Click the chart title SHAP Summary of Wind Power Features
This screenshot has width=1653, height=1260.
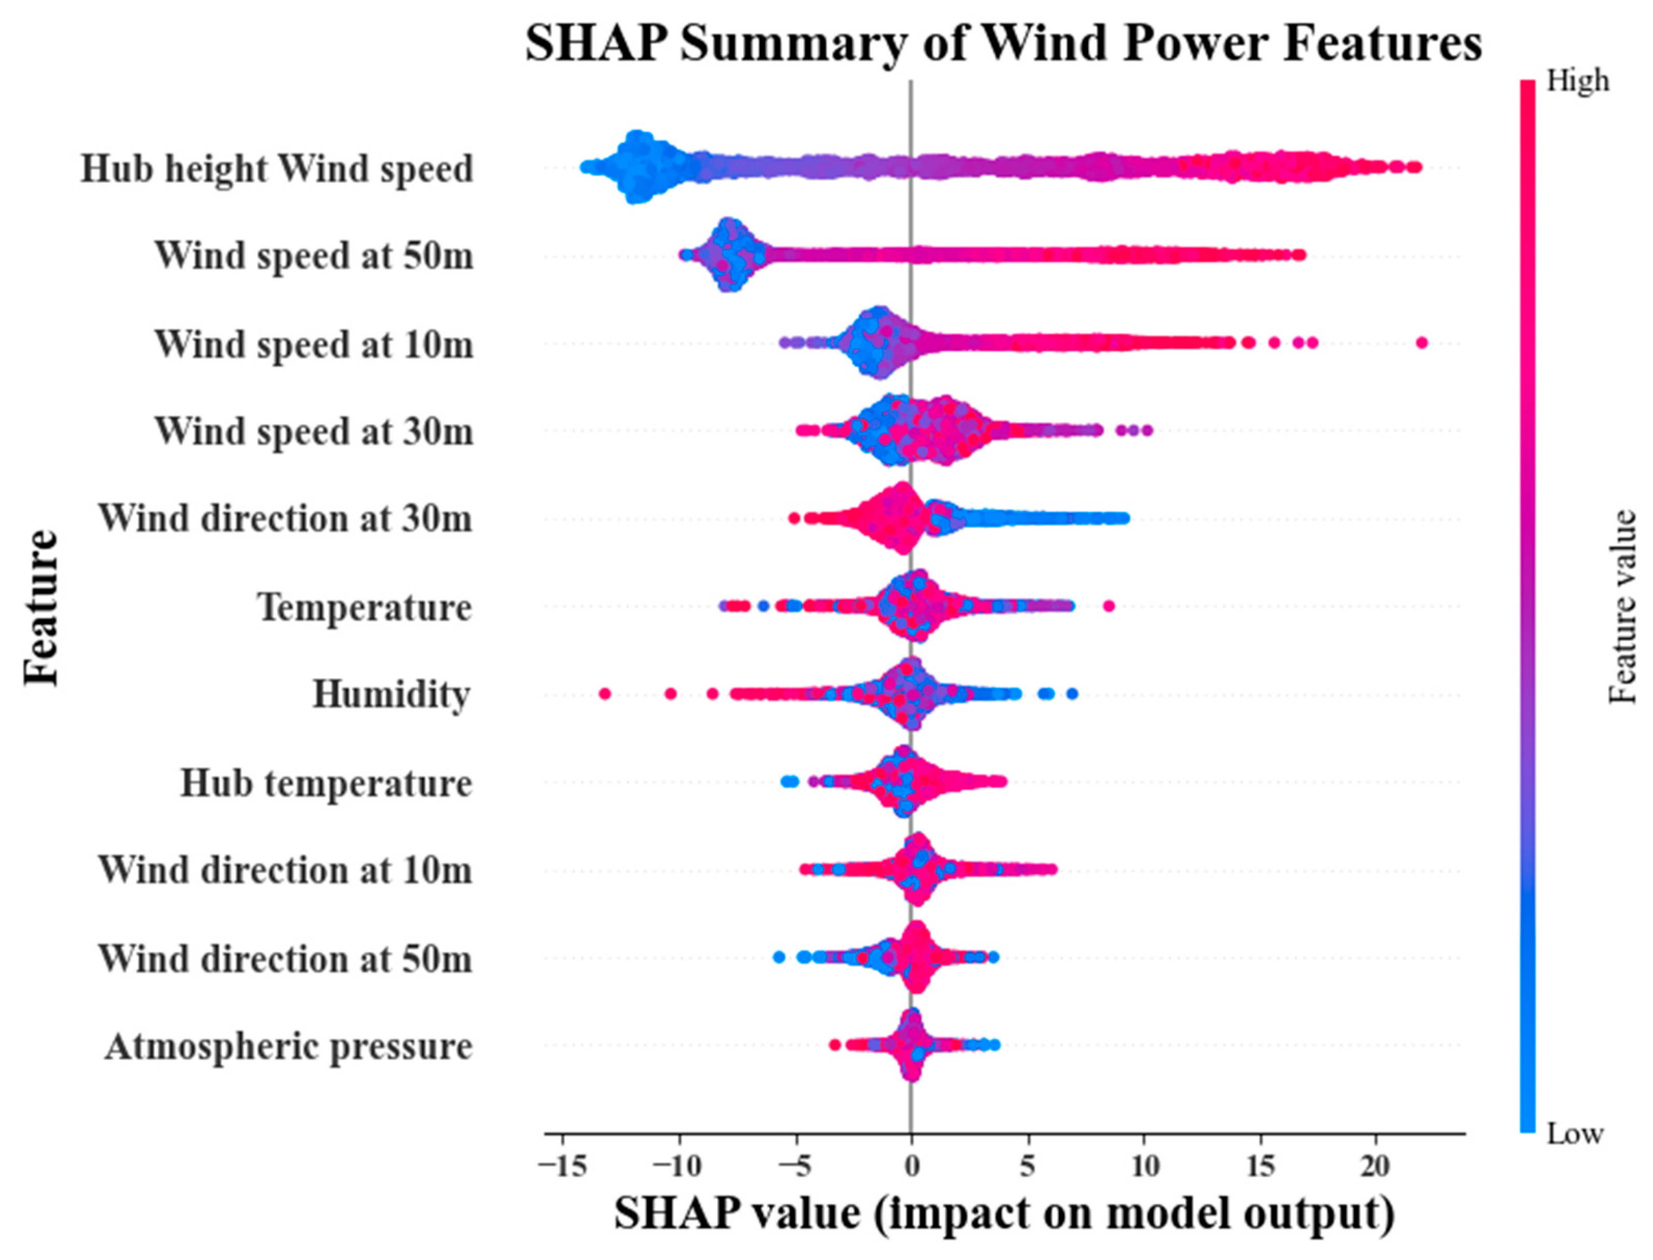click(x=1004, y=44)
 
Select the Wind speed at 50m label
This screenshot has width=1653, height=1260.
click(x=314, y=256)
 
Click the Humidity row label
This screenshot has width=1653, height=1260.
click(x=392, y=694)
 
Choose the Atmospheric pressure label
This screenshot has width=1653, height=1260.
click(x=289, y=1046)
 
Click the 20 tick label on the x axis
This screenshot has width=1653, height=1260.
click(x=1375, y=1167)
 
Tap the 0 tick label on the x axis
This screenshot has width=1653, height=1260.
click(x=911, y=1167)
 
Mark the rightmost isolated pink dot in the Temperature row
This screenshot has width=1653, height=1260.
click(x=1109, y=606)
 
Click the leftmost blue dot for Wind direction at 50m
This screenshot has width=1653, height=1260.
click(x=778, y=957)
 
